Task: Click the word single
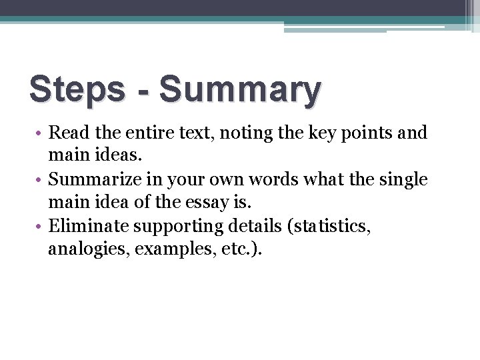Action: [401, 180]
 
